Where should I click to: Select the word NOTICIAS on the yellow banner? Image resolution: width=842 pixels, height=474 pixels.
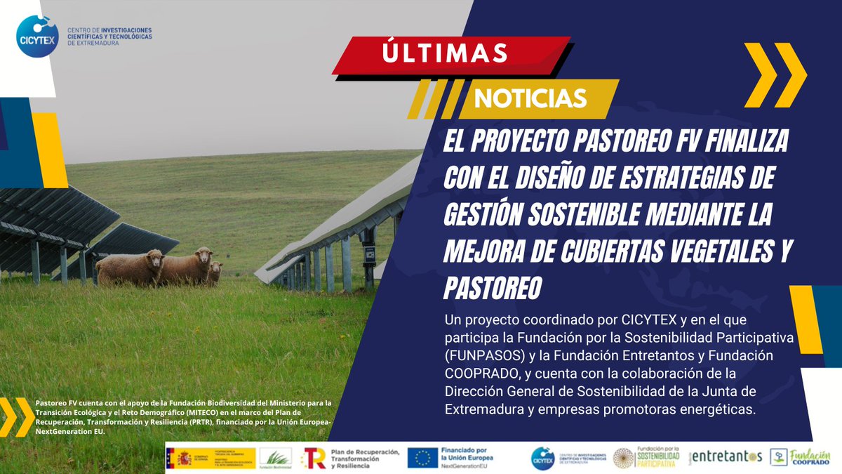point(530,98)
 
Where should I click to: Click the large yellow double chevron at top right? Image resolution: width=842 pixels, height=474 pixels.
point(775,74)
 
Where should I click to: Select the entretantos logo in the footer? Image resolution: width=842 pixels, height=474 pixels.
point(727,456)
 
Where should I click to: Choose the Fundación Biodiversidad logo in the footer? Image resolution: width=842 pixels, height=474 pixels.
point(275,458)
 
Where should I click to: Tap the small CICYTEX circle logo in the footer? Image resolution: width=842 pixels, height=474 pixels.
point(542,458)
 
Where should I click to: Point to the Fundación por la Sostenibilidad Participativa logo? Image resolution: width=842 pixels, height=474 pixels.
point(646,457)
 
